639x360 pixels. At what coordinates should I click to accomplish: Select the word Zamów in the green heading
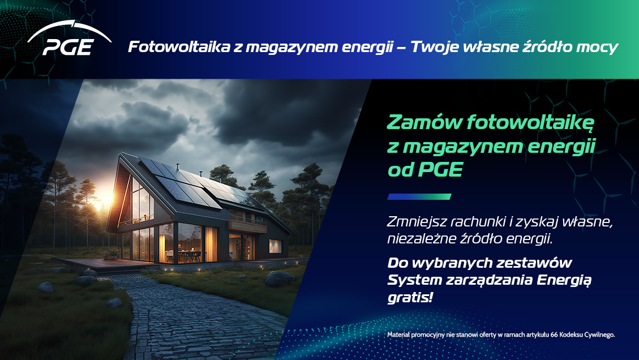click(419, 122)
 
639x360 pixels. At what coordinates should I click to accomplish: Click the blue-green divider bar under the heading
click(419, 197)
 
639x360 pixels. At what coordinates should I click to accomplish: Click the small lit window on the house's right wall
click(275, 246)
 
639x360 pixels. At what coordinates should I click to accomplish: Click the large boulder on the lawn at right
click(280, 278)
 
